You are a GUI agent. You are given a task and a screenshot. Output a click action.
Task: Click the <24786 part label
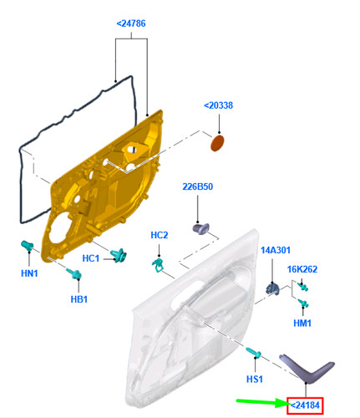(131, 23)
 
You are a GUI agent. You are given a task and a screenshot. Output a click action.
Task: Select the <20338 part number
(218, 105)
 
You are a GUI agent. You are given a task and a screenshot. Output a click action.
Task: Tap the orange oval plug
(217, 143)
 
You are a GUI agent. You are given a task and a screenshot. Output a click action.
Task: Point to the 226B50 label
(198, 186)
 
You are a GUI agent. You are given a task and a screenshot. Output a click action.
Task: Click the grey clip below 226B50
(201, 228)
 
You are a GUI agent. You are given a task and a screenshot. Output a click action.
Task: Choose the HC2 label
(160, 235)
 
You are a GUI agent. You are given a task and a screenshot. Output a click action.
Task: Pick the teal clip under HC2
(158, 265)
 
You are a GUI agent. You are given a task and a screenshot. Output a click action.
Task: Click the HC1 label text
(91, 258)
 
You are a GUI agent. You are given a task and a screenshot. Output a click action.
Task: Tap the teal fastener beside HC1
(119, 255)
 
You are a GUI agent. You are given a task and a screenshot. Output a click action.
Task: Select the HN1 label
(29, 273)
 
